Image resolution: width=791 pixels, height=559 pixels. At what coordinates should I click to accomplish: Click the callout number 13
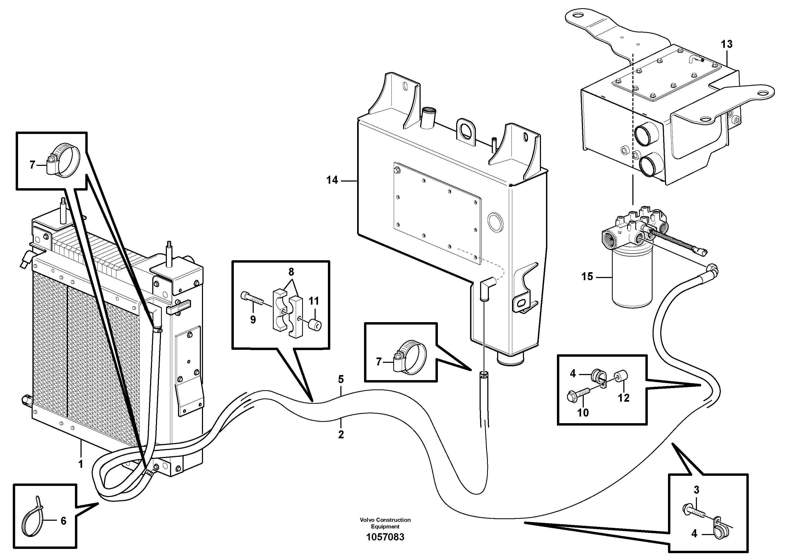(x=727, y=44)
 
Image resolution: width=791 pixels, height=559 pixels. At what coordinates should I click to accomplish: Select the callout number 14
(x=332, y=180)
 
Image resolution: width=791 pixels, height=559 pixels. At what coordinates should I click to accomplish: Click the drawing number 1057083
(x=385, y=537)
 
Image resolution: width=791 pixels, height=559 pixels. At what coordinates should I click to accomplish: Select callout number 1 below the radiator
(x=81, y=464)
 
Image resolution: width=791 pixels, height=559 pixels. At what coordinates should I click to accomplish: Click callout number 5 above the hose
(x=341, y=379)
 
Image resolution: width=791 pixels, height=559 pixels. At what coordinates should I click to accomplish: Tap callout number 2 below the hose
(x=341, y=435)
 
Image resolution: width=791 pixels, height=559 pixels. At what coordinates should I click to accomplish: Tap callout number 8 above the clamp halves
(x=291, y=272)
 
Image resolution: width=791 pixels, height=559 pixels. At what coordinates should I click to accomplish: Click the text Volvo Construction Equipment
(x=385, y=523)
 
